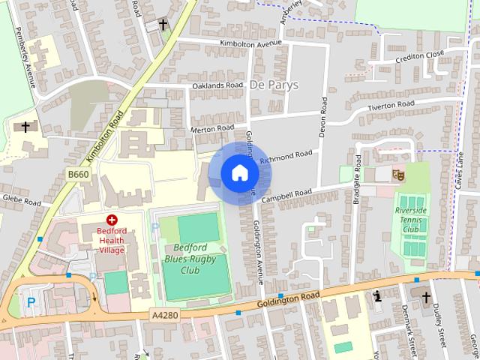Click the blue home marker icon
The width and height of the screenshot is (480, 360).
(239, 172)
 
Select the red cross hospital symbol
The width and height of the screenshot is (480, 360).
(112, 220)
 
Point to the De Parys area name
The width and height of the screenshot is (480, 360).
(274, 85)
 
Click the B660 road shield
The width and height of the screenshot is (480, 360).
(78, 174)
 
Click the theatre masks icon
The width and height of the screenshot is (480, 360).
(398, 175)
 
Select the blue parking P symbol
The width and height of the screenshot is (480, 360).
(31, 302)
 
